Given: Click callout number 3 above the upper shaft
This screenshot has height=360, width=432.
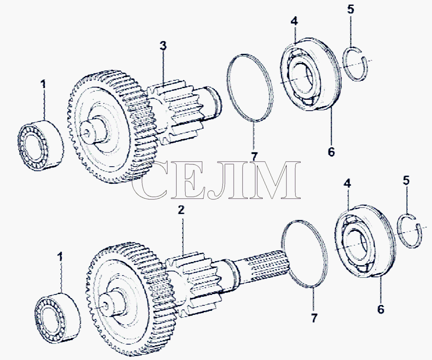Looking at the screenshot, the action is click(164, 46).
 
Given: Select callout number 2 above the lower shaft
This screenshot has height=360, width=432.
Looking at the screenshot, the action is click(181, 210).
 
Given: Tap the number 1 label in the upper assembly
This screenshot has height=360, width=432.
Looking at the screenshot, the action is click(43, 84).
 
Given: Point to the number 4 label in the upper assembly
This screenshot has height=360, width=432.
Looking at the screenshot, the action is click(294, 21).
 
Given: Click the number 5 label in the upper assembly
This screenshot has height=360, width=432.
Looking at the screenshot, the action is click(350, 9).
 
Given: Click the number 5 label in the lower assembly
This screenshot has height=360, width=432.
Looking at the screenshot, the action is click(406, 180).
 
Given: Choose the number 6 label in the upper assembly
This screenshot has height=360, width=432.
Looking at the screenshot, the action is click(331, 152).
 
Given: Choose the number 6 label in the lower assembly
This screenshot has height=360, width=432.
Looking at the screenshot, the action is click(380, 309).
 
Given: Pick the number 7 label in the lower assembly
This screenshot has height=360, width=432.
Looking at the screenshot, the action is click(314, 318).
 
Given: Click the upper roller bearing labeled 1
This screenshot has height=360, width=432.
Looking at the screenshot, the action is click(41, 145).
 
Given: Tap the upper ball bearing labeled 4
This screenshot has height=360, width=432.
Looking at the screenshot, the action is click(311, 75).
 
